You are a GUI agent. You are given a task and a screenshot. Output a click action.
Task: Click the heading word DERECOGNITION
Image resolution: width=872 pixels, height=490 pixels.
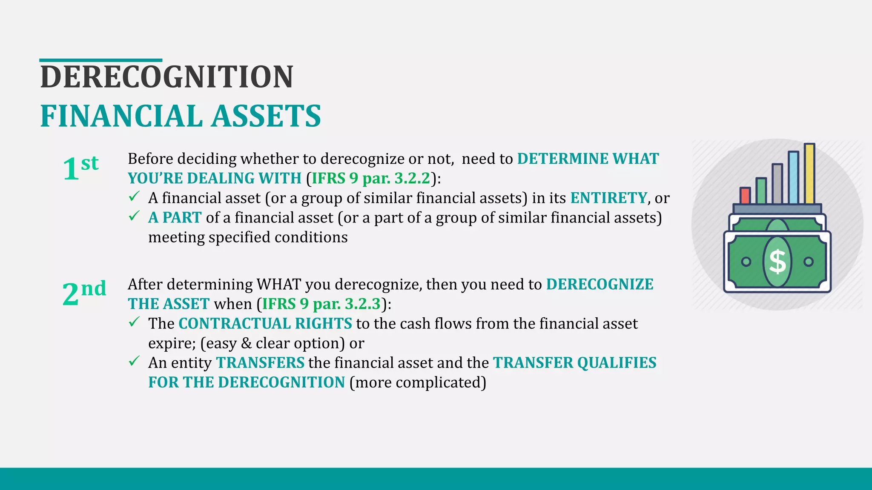point(166,77)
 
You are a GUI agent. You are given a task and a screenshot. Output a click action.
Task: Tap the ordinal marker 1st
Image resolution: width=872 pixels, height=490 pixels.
point(80,168)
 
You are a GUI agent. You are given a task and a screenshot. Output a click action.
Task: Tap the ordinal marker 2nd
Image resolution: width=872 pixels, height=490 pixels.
point(84,293)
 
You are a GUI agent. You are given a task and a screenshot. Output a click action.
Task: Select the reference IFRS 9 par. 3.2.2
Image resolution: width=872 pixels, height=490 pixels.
point(371,178)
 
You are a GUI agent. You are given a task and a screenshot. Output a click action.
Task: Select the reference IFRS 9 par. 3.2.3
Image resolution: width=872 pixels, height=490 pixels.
point(321,304)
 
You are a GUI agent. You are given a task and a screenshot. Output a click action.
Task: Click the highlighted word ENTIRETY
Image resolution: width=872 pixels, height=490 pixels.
point(608,198)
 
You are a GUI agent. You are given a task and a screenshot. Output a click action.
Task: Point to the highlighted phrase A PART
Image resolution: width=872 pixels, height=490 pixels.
point(175,217)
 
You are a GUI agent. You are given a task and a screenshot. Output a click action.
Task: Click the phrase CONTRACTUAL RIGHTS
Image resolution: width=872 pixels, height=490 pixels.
point(265,323)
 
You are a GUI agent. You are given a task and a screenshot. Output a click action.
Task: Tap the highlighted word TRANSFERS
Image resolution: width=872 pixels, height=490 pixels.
point(260,362)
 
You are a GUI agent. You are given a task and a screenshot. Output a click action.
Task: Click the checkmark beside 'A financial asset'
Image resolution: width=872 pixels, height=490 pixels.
point(134,197)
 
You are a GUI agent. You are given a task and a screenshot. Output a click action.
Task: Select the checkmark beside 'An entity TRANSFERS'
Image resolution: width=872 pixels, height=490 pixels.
point(134,362)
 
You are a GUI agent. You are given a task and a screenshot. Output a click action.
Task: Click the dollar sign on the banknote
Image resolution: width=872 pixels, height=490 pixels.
point(777,262)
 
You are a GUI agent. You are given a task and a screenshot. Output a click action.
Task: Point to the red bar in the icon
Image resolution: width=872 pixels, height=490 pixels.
point(745,196)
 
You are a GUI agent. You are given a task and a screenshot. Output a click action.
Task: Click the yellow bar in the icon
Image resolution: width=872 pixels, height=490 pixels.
point(809,174)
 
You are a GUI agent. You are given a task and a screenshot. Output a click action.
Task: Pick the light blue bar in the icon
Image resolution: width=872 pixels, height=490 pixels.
point(793,177)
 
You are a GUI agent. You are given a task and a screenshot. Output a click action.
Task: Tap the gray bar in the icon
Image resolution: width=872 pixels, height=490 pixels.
point(777,184)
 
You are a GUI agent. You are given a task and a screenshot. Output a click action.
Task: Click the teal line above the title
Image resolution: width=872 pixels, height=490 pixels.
point(100,60)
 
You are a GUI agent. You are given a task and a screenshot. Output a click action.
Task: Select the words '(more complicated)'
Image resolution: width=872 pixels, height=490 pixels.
point(418,382)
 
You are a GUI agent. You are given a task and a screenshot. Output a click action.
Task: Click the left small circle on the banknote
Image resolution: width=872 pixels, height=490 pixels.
point(746,262)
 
